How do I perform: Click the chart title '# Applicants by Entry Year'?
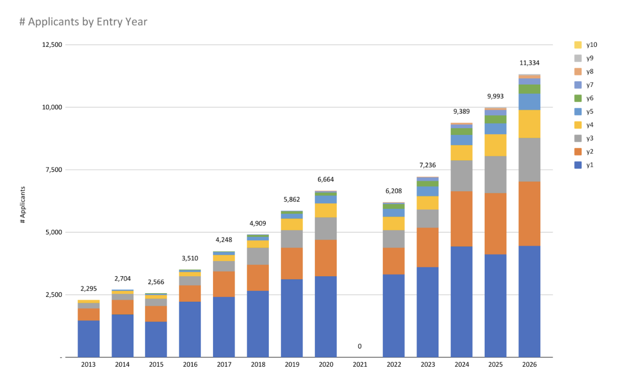point(83,21)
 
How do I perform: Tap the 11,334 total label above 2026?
point(529,63)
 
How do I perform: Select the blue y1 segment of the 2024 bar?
point(462,301)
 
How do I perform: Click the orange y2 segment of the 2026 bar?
point(529,214)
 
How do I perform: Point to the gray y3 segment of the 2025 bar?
point(495,174)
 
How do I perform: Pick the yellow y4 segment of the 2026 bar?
point(529,123)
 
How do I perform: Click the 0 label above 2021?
point(360,346)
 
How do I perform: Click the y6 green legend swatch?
point(578,98)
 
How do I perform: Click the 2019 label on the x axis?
point(292,365)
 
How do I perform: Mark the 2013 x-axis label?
point(89,365)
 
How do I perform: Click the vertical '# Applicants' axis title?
point(22,205)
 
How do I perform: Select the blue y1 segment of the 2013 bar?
point(89,338)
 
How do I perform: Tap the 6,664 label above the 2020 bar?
point(326,179)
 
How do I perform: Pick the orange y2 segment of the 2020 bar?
point(326,257)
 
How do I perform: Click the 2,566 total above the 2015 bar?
point(156,282)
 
